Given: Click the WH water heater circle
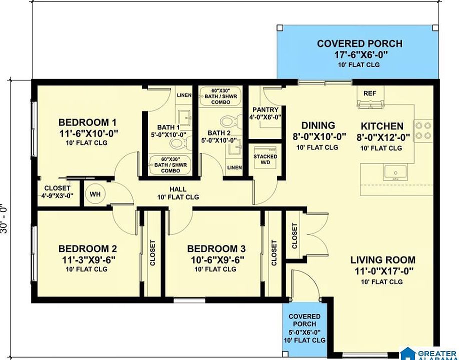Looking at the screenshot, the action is pyautogui.click(x=95, y=194).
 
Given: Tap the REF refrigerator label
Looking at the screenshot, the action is pyautogui.click(x=369, y=93).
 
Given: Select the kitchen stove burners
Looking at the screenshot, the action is pyautogui.click(x=423, y=130).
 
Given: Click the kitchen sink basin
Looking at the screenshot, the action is pyautogui.click(x=395, y=173).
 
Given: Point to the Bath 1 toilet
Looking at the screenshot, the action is pyautogui.click(x=178, y=143).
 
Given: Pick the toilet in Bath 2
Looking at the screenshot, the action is pyautogui.click(x=230, y=121).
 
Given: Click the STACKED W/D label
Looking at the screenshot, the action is pyautogui.click(x=265, y=159).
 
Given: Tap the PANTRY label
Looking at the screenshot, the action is pyautogui.click(x=265, y=110).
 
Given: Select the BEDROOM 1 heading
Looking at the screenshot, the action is pyautogui.click(x=87, y=122).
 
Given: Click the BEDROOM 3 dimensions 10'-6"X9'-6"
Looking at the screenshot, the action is pyautogui.click(x=216, y=259).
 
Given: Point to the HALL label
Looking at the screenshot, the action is pyautogui.click(x=178, y=189).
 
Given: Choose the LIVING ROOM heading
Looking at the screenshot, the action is pyautogui.click(x=383, y=259).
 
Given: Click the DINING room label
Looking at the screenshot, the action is pyautogui.click(x=318, y=125).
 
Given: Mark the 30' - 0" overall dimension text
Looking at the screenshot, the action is pyautogui.click(x=4, y=218).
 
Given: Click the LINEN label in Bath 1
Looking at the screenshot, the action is pyautogui.click(x=184, y=95).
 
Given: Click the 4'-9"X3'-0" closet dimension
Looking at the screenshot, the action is pyautogui.click(x=57, y=195).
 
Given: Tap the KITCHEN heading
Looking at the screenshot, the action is pyautogui.click(x=382, y=126).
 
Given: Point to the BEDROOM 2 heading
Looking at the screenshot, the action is pyautogui.click(x=87, y=249).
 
